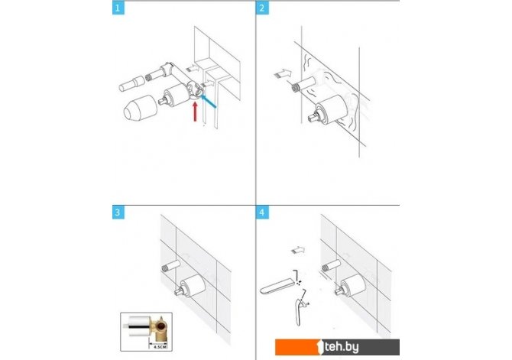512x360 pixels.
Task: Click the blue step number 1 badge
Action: pyautogui.click(x=118, y=8)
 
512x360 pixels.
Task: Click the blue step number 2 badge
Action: pyautogui.click(x=262, y=8)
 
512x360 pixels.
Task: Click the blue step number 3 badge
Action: pyautogui.click(x=118, y=212)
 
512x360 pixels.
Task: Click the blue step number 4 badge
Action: pyautogui.click(x=262, y=212)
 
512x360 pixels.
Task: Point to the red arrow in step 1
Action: pyautogui.click(x=196, y=112)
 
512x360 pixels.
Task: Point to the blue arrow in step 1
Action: pyautogui.click(x=208, y=101)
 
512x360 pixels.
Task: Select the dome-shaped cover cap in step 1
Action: pyautogui.click(x=141, y=108)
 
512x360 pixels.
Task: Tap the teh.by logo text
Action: pyautogui.click(x=342, y=346)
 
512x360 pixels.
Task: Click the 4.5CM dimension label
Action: pyautogui.click(x=160, y=346)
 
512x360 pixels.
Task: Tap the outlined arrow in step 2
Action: pyautogui.click(x=283, y=74)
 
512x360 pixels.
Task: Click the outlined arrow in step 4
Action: pyautogui.click(x=298, y=251)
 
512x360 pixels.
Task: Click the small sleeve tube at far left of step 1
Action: pyautogui.click(x=131, y=83)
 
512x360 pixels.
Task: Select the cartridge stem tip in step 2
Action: pyautogui.click(x=314, y=117)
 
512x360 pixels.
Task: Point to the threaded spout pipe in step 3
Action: pyautogui.click(x=171, y=265)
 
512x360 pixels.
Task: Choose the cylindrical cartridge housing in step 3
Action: pyautogui.click(x=193, y=285)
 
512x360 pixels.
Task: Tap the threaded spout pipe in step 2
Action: pyautogui.click(x=303, y=83)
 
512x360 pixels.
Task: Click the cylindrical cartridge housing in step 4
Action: pyautogui.click(x=353, y=284)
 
